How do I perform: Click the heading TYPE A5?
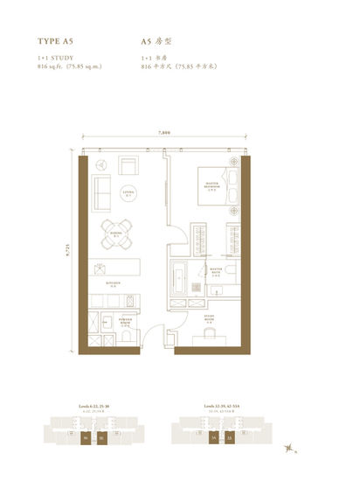pyautogui.click(x=57, y=41)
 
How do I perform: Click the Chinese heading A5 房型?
pyautogui.click(x=157, y=41)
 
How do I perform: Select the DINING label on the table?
pyautogui.click(x=114, y=234)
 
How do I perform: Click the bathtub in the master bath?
pyautogui.click(x=180, y=277)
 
